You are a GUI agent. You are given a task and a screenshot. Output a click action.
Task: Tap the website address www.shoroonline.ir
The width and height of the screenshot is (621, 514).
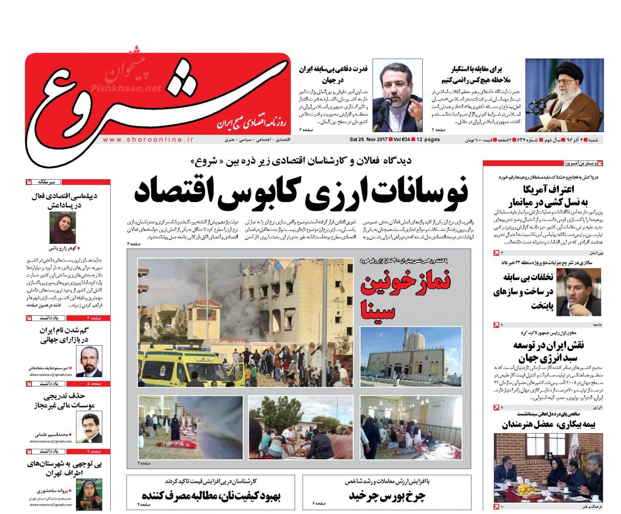tap(148, 140)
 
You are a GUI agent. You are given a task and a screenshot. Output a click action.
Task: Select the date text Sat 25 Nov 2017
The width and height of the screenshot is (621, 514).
tap(368, 140)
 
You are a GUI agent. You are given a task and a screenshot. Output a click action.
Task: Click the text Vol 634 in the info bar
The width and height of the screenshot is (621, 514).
tap(401, 140)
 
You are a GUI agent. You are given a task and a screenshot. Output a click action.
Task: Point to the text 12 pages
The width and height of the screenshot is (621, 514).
tap(428, 140)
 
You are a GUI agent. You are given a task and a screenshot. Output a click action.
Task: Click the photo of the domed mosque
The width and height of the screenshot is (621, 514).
tap(411, 357)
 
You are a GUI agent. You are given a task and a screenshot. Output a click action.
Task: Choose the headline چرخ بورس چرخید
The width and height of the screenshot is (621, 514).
tap(387, 495)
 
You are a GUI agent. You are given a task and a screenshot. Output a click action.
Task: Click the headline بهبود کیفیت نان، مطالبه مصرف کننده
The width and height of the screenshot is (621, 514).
tap(211, 495)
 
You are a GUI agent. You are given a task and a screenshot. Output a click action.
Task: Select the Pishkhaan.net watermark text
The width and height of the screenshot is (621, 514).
tap(126, 88)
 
